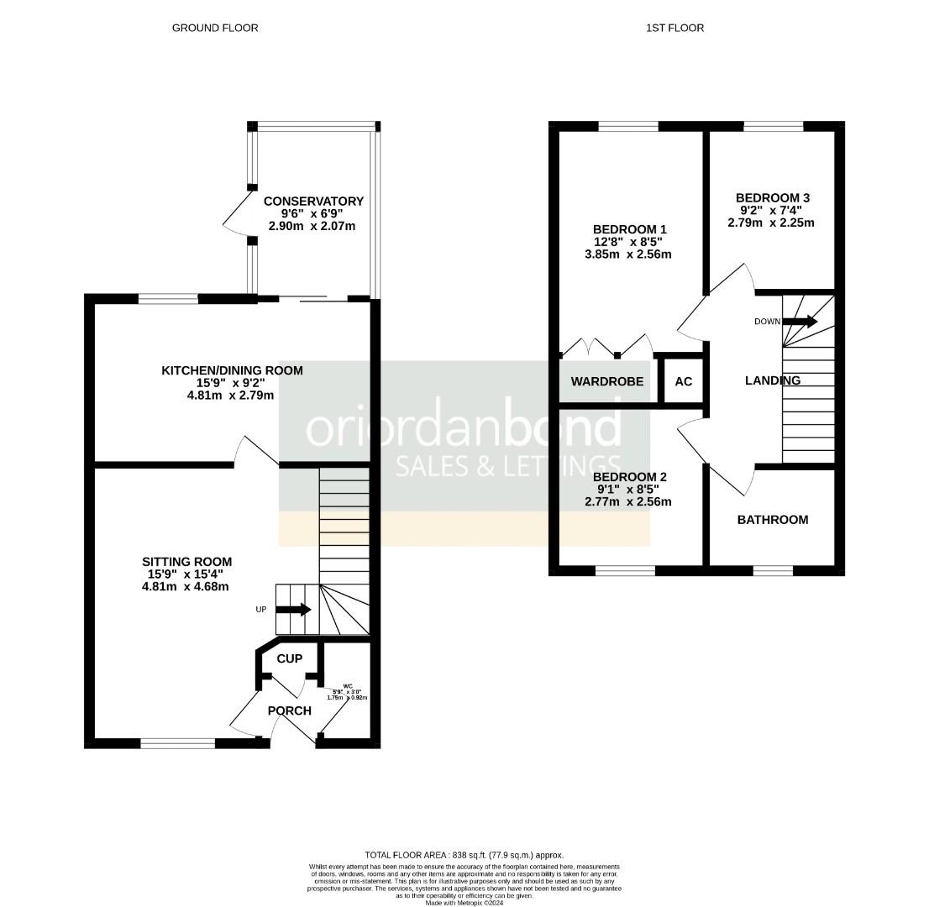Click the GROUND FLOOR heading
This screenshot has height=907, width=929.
(215, 28)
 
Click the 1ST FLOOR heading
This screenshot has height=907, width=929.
(674, 28)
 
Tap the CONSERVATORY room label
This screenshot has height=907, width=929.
(313, 202)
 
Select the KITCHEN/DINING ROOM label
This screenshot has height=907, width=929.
(233, 370)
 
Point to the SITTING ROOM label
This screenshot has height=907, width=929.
(186, 562)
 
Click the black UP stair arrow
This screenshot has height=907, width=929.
(293, 609)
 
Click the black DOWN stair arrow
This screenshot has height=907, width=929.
(800, 322)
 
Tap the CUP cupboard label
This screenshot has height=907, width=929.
(290, 658)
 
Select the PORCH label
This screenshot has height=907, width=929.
(290, 710)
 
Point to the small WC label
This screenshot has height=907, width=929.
(348, 686)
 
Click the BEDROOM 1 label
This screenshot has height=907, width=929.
(630, 229)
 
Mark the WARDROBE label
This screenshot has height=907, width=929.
(607, 381)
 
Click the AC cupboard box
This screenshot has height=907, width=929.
(684, 381)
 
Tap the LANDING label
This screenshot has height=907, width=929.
(773, 380)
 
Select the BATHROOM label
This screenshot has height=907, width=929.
(773, 520)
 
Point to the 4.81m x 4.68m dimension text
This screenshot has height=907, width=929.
(186, 587)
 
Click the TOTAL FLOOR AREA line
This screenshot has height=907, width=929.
(464, 855)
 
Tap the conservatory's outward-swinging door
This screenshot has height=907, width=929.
(237, 211)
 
